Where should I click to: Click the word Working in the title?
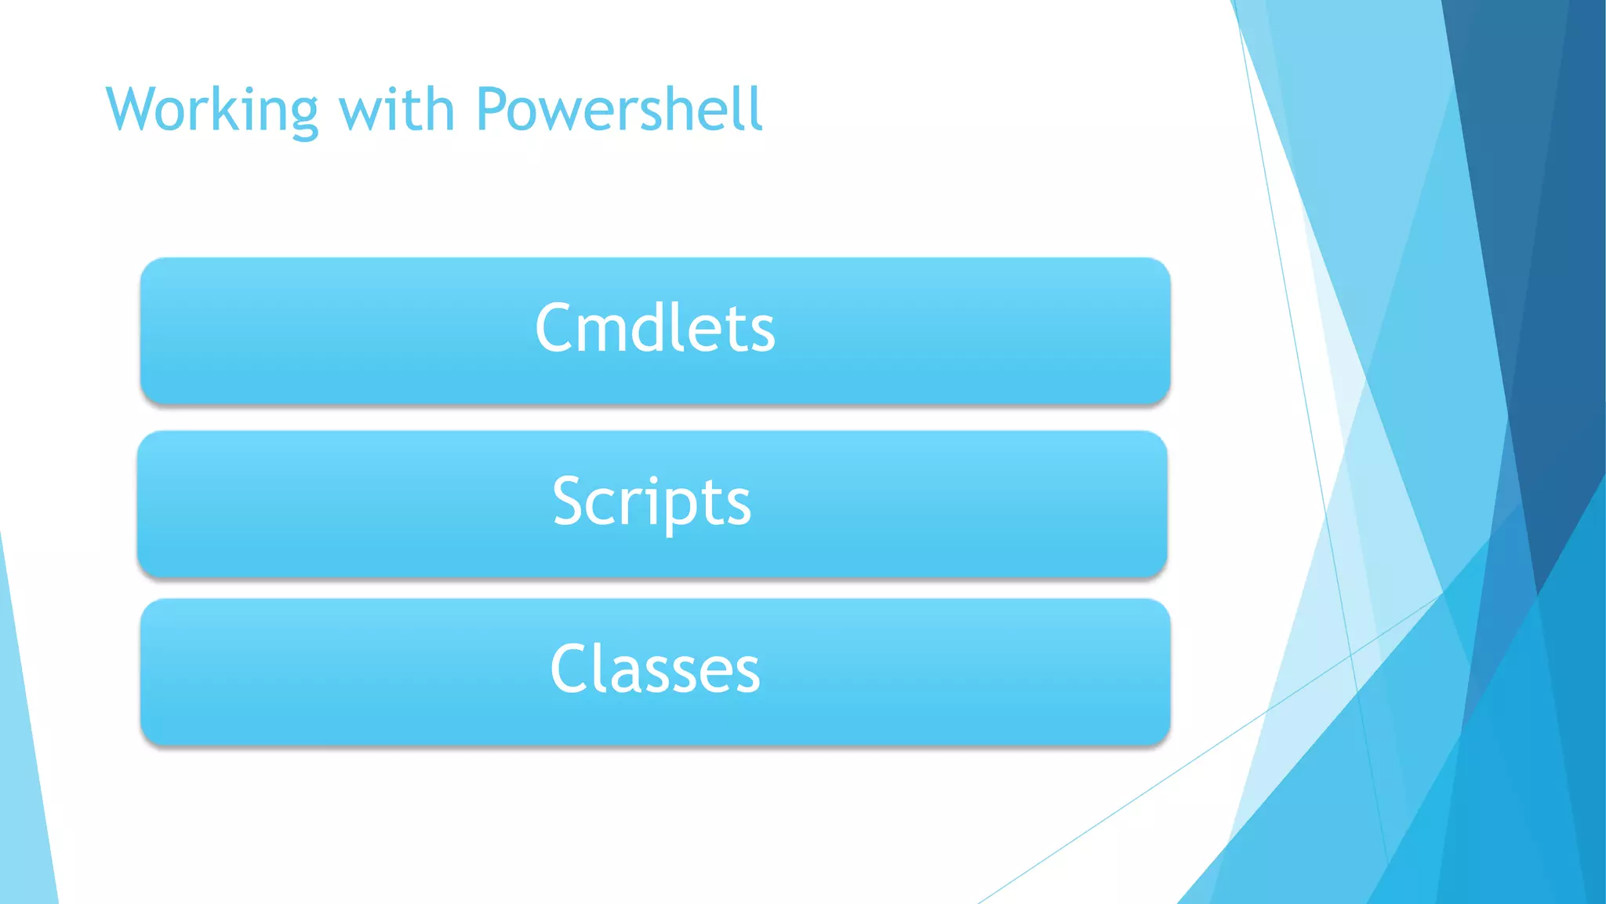click(212, 110)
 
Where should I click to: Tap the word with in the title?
click(397, 110)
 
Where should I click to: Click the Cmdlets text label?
click(655, 328)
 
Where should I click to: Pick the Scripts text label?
click(652, 501)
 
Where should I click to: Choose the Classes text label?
click(655, 669)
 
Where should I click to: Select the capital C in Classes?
click(570, 669)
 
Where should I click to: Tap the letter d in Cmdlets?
click(649, 328)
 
